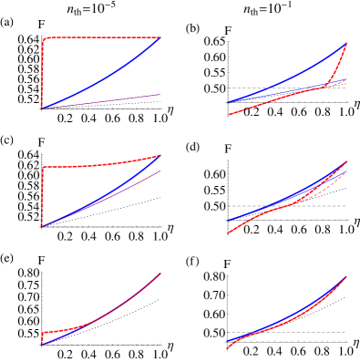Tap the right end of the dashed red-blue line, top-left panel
point(159,94)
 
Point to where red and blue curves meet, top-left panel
point(160,37)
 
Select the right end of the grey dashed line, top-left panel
point(159,109)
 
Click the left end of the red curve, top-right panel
point(228,115)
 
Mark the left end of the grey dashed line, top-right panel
point(228,88)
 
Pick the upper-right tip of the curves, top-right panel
point(346,42)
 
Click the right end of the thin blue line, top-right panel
point(346,79)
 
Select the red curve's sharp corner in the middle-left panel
point(43,167)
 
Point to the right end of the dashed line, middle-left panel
point(160,171)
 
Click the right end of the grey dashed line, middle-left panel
point(159,227)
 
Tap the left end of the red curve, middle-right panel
point(228,233)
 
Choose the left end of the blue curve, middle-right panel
point(228,221)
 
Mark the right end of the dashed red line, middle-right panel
point(346,171)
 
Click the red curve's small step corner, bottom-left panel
point(43,333)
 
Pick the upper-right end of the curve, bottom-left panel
point(160,273)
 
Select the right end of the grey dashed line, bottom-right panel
point(346,332)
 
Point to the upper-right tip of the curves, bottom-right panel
point(346,276)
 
